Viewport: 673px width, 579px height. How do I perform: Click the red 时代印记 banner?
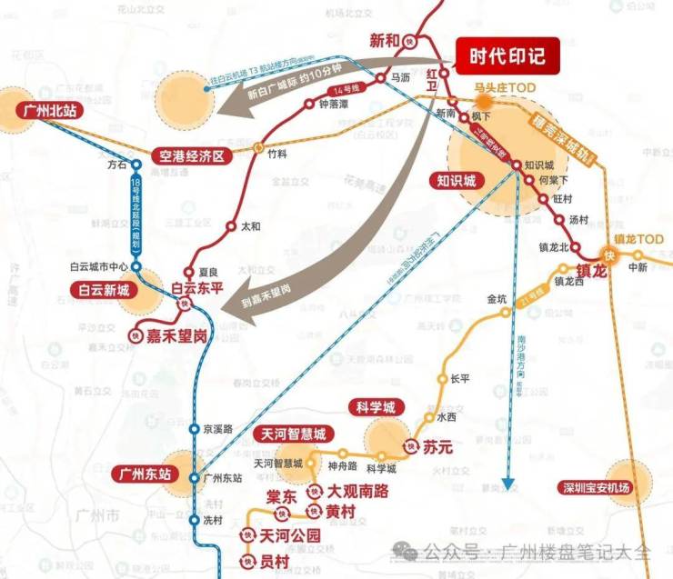(x=507, y=56)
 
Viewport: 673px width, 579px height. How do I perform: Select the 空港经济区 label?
(x=191, y=155)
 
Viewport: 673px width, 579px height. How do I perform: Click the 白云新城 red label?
(x=105, y=290)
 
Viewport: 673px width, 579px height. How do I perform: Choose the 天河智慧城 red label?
(x=293, y=434)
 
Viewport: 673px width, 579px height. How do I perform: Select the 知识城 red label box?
(x=457, y=181)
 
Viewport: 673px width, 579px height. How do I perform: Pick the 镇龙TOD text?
(x=639, y=239)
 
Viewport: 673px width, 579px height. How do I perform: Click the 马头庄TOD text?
(x=506, y=87)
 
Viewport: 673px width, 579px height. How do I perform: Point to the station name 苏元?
(x=437, y=447)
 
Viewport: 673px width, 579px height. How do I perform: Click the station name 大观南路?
(x=357, y=491)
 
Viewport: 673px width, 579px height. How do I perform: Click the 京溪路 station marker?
(x=194, y=428)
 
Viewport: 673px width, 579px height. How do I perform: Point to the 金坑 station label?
(x=497, y=298)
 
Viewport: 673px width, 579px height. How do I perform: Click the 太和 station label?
(x=249, y=226)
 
